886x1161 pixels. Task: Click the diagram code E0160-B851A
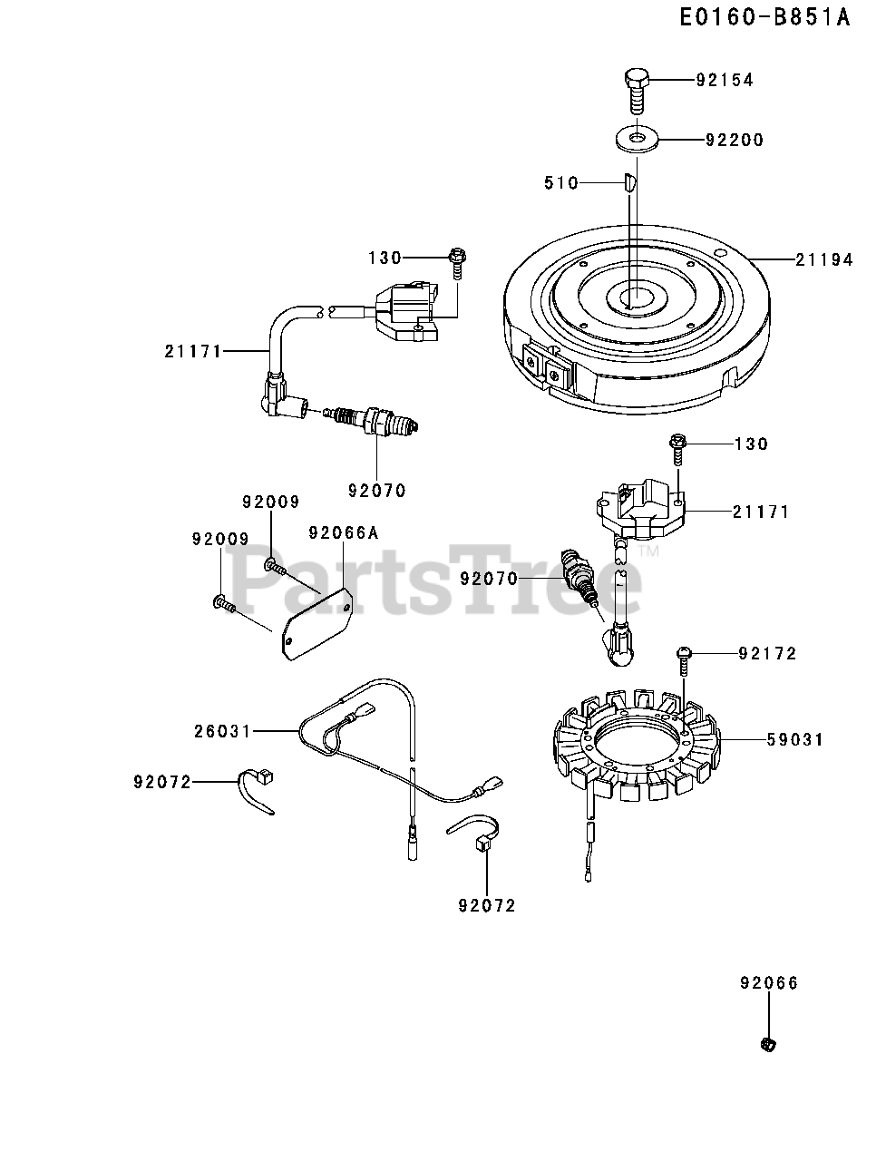tap(765, 18)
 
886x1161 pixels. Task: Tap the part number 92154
tap(725, 80)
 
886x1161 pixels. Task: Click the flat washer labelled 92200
tap(638, 139)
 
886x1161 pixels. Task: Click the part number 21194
tap(824, 259)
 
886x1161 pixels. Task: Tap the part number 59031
tap(794, 740)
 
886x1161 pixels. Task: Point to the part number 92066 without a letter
tap(769, 983)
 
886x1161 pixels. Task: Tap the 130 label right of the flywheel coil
tap(751, 444)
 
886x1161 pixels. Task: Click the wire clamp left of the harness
tap(257, 786)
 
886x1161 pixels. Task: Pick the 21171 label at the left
tap(193, 352)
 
